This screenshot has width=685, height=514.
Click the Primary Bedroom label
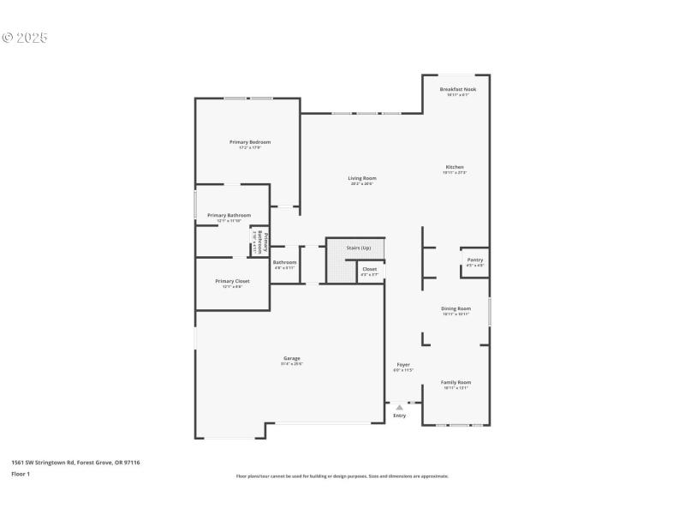point(249,141)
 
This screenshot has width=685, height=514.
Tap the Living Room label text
point(362,178)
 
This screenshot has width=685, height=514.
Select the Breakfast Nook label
point(457,89)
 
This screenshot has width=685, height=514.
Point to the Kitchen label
point(454,167)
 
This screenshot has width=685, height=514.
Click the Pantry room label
point(474,260)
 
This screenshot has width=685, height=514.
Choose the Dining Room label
point(456,308)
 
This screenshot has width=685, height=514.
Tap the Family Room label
point(456,382)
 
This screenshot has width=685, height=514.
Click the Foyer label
point(403,365)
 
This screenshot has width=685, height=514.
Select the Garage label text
point(292,358)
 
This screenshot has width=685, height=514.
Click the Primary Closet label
point(232,281)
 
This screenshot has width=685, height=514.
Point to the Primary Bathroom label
point(229,215)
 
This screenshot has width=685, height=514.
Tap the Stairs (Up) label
point(358,248)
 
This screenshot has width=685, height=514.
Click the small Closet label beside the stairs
point(369,269)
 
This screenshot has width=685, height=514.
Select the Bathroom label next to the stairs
point(284,262)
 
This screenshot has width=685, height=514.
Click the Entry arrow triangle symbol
point(399,408)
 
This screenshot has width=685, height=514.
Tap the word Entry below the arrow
point(399,416)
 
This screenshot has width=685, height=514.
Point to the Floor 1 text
point(21,473)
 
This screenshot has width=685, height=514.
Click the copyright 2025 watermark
point(25,38)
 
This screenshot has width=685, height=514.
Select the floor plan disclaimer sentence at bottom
point(342,476)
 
